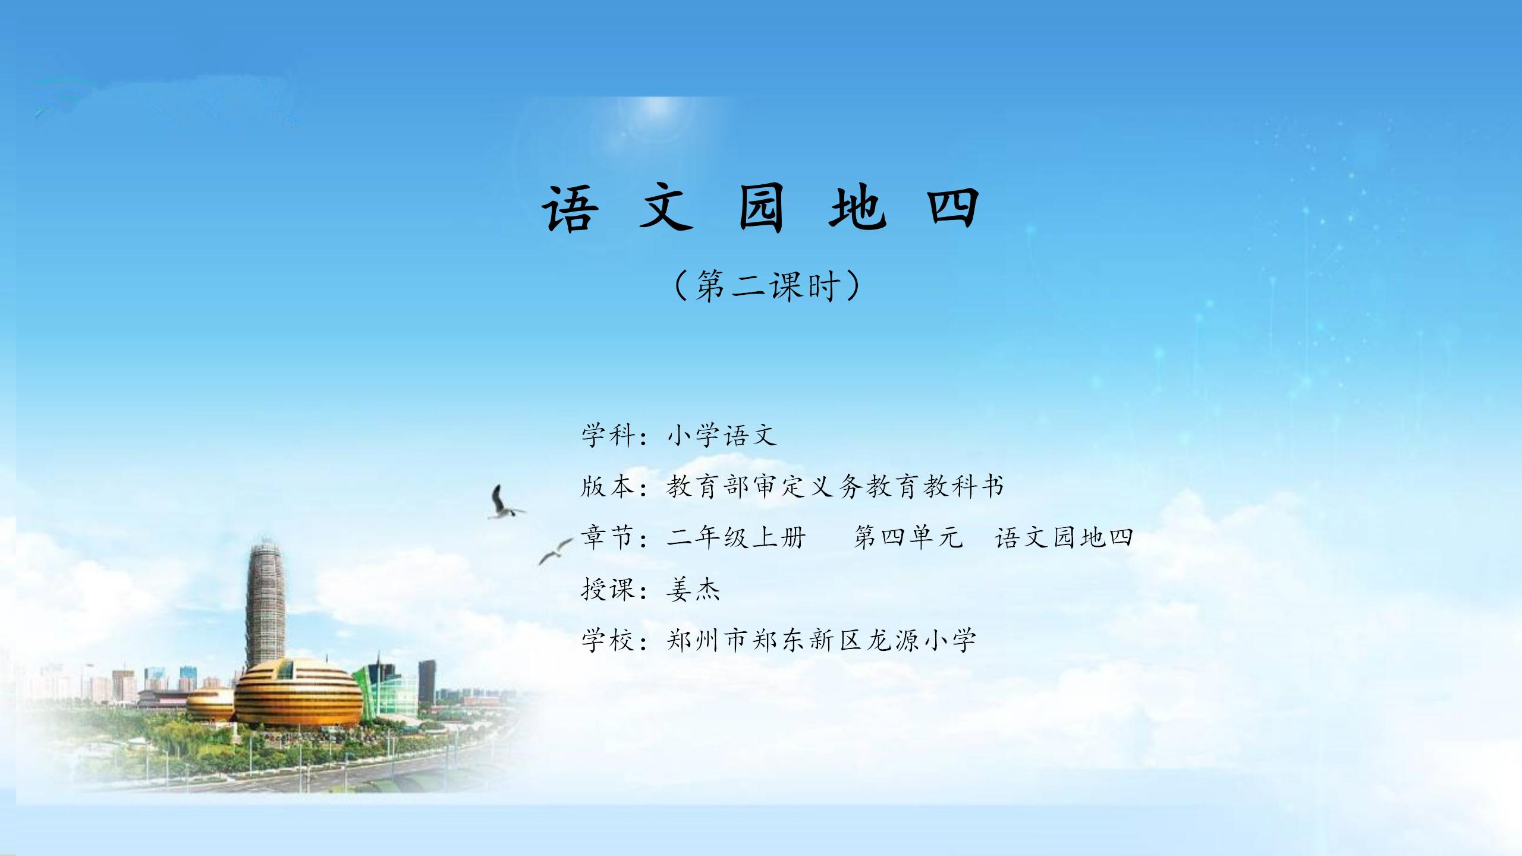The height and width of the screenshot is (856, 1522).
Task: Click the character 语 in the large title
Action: tap(570, 207)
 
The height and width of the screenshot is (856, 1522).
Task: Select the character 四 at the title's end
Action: tap(953, 207)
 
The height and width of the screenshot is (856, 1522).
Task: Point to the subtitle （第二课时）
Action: tap(767, 286)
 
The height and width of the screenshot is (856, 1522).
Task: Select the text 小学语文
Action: tap(721, 435)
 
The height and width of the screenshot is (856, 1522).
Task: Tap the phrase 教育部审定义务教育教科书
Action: tap(835, 486)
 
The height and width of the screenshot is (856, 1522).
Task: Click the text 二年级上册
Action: tap(736, 537)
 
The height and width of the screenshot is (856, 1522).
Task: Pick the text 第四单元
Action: tap(908, 537)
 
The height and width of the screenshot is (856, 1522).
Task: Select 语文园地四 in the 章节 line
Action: tap(1064, 537)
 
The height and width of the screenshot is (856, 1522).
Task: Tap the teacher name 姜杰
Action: tap(693, 589)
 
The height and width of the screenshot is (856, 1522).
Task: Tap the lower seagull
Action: tap(555, 552)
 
